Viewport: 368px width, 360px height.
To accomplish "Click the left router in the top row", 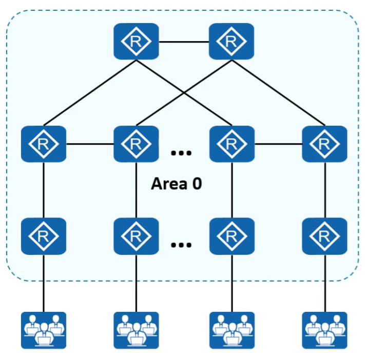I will tap(136, 42).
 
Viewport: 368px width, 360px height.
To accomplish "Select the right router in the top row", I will tap(231, 42).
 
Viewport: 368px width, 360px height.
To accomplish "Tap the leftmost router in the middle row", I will tap(44, 144).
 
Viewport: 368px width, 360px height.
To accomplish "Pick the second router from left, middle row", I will tap(136, 144).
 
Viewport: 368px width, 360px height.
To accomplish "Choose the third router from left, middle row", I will tap(232, 144).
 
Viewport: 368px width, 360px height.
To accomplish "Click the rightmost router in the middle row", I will tap(324, 144).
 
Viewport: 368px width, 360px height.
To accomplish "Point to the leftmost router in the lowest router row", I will tap(44, 236).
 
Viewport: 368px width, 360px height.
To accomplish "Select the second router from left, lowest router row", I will tap(136, 236).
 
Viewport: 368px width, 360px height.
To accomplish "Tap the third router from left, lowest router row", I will tap(232, 236).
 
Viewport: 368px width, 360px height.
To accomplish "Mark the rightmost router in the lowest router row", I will tap(324, 236).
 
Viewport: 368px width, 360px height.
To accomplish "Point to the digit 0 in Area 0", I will tap(197, 184).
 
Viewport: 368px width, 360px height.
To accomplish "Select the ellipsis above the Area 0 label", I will tap(181, 153).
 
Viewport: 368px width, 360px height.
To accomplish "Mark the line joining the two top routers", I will tap(184, 41).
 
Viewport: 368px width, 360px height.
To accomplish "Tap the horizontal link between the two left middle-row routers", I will tap(90, 144).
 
